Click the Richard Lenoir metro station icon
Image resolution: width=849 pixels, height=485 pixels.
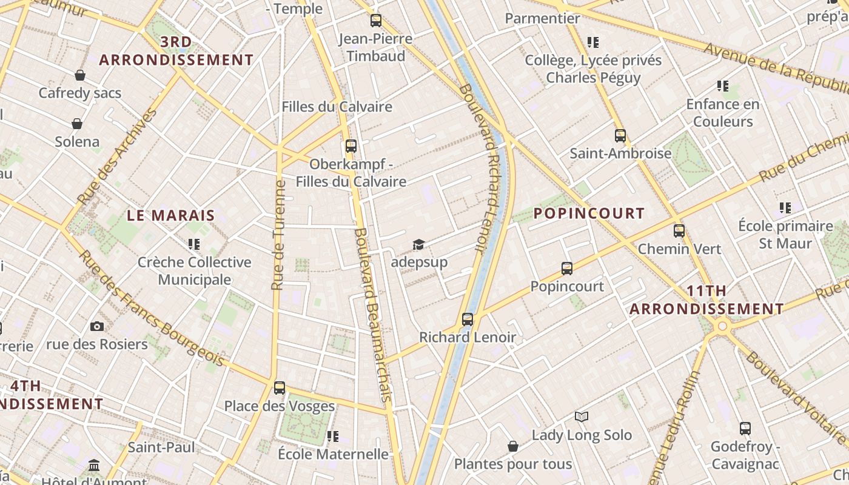[467, 319]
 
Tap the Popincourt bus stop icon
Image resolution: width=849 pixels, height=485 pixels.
[567, 268]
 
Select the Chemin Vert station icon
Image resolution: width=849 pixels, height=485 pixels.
[679, 231]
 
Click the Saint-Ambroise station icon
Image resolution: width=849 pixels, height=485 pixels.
[620, 135]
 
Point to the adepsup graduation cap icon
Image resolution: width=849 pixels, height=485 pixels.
[418, 244]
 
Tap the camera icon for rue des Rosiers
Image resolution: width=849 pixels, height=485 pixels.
[96, 327]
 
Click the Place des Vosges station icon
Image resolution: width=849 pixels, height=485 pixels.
[279, 387]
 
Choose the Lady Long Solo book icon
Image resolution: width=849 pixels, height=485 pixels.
[582, 416]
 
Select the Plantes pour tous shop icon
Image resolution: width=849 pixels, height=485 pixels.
[512, 446]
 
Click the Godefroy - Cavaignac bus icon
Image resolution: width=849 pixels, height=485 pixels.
[745, 429]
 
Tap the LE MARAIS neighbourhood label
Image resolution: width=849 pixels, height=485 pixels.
[171, 215]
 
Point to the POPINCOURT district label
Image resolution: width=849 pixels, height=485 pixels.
[589, 213]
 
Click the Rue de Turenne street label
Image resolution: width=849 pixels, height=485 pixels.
[278, 235]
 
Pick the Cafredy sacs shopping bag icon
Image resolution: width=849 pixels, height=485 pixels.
[79, 75]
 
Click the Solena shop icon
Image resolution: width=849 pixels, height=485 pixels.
[77, 124]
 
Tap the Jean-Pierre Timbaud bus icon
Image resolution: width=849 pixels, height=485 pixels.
[376, 21]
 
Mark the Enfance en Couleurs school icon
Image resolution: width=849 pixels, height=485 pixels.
[722, 86]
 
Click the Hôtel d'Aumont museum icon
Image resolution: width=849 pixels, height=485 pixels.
[94, 466]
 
